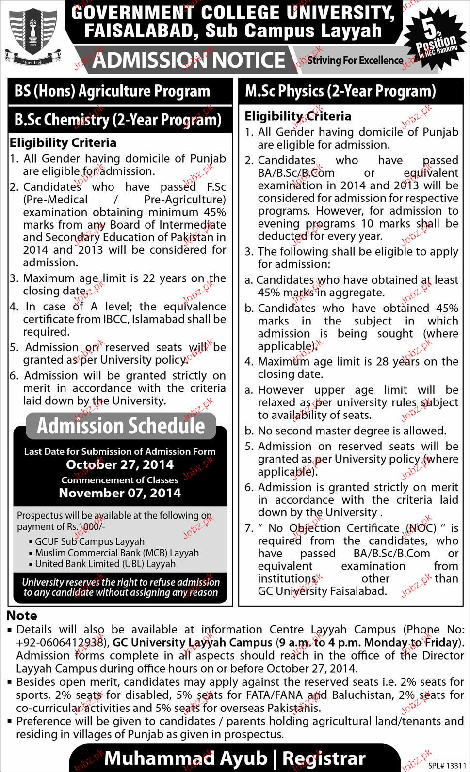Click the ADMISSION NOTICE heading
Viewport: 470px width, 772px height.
(x=189, y=61)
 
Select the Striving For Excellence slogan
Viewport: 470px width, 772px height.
(x=356, y=61)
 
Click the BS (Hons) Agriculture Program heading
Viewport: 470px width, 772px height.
(x=112, y=91)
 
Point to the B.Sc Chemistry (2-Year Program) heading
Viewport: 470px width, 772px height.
(x=118, y=120)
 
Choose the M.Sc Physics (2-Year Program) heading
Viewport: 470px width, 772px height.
(x=340, y=91)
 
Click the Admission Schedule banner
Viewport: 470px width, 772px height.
(x=121, y=426)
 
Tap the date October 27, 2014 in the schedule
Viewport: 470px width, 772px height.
(x=120, y=465)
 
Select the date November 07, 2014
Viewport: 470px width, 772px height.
(x=120, y=493)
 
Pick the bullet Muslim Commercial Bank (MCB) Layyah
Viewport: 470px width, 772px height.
(x=117, y=553)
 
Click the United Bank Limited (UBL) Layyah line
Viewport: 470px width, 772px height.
(x=105, y=564)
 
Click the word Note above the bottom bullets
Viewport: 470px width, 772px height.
(x=22, y=616)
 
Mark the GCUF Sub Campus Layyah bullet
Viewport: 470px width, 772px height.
(x=90, y=542)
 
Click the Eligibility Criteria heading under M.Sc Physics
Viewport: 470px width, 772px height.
(x=298, y=116)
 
